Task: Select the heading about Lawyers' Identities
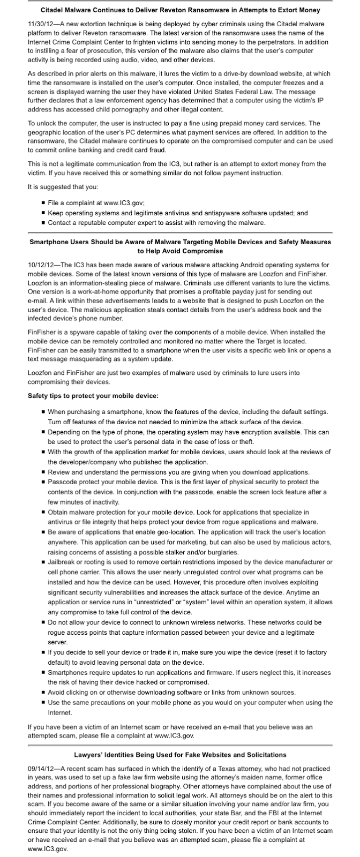click(179, 755)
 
